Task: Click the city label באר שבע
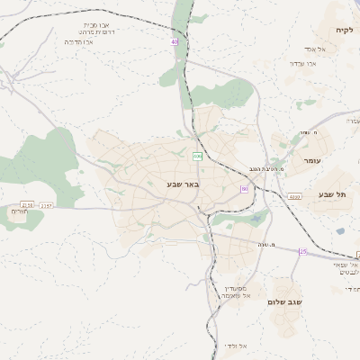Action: click(x=182, y=184)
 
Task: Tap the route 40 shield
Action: click(x=175, y=41)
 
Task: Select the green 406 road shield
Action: click(x=197, y=157)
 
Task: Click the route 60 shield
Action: click(x=244, y=188)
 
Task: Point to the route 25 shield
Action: click(x=303, y=252)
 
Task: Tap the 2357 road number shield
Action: click(x=47, y=206)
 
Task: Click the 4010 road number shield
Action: click(x=294, y=195)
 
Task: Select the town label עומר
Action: click(x=311, y=160)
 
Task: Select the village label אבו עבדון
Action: click(x=305, y=63)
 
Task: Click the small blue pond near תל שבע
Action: click(x=341, y=230)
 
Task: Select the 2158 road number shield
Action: click(x=27, y=205)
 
